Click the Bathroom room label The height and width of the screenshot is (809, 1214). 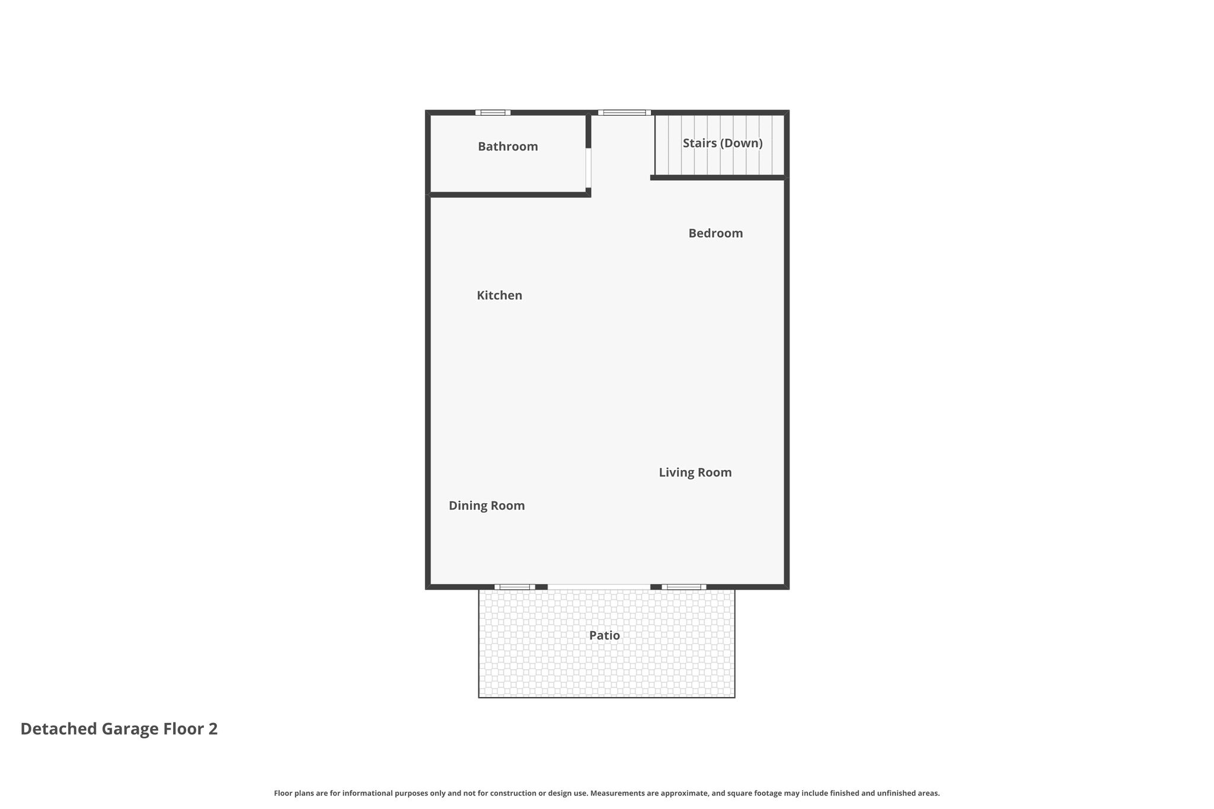508,146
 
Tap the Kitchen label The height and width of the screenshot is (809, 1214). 500,295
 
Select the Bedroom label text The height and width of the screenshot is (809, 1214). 715,234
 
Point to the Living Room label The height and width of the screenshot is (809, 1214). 695,472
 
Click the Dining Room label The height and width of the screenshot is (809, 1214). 487,506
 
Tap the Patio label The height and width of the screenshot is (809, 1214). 605,635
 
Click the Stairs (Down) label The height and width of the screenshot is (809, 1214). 723,143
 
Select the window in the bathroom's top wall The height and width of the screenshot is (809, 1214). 493,113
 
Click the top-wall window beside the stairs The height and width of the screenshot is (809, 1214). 624,113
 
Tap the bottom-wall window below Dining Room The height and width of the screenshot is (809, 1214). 515,587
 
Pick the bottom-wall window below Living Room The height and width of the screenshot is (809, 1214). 683,587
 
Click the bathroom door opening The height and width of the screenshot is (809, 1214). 589,168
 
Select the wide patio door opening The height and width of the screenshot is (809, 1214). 599,587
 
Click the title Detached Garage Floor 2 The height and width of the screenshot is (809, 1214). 119,729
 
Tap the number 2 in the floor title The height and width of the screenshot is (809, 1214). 213,729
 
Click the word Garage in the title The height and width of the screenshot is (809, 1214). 130,730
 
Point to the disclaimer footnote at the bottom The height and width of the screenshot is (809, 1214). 607,793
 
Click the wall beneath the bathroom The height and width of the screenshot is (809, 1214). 509,194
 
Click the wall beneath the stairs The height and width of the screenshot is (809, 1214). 719,177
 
